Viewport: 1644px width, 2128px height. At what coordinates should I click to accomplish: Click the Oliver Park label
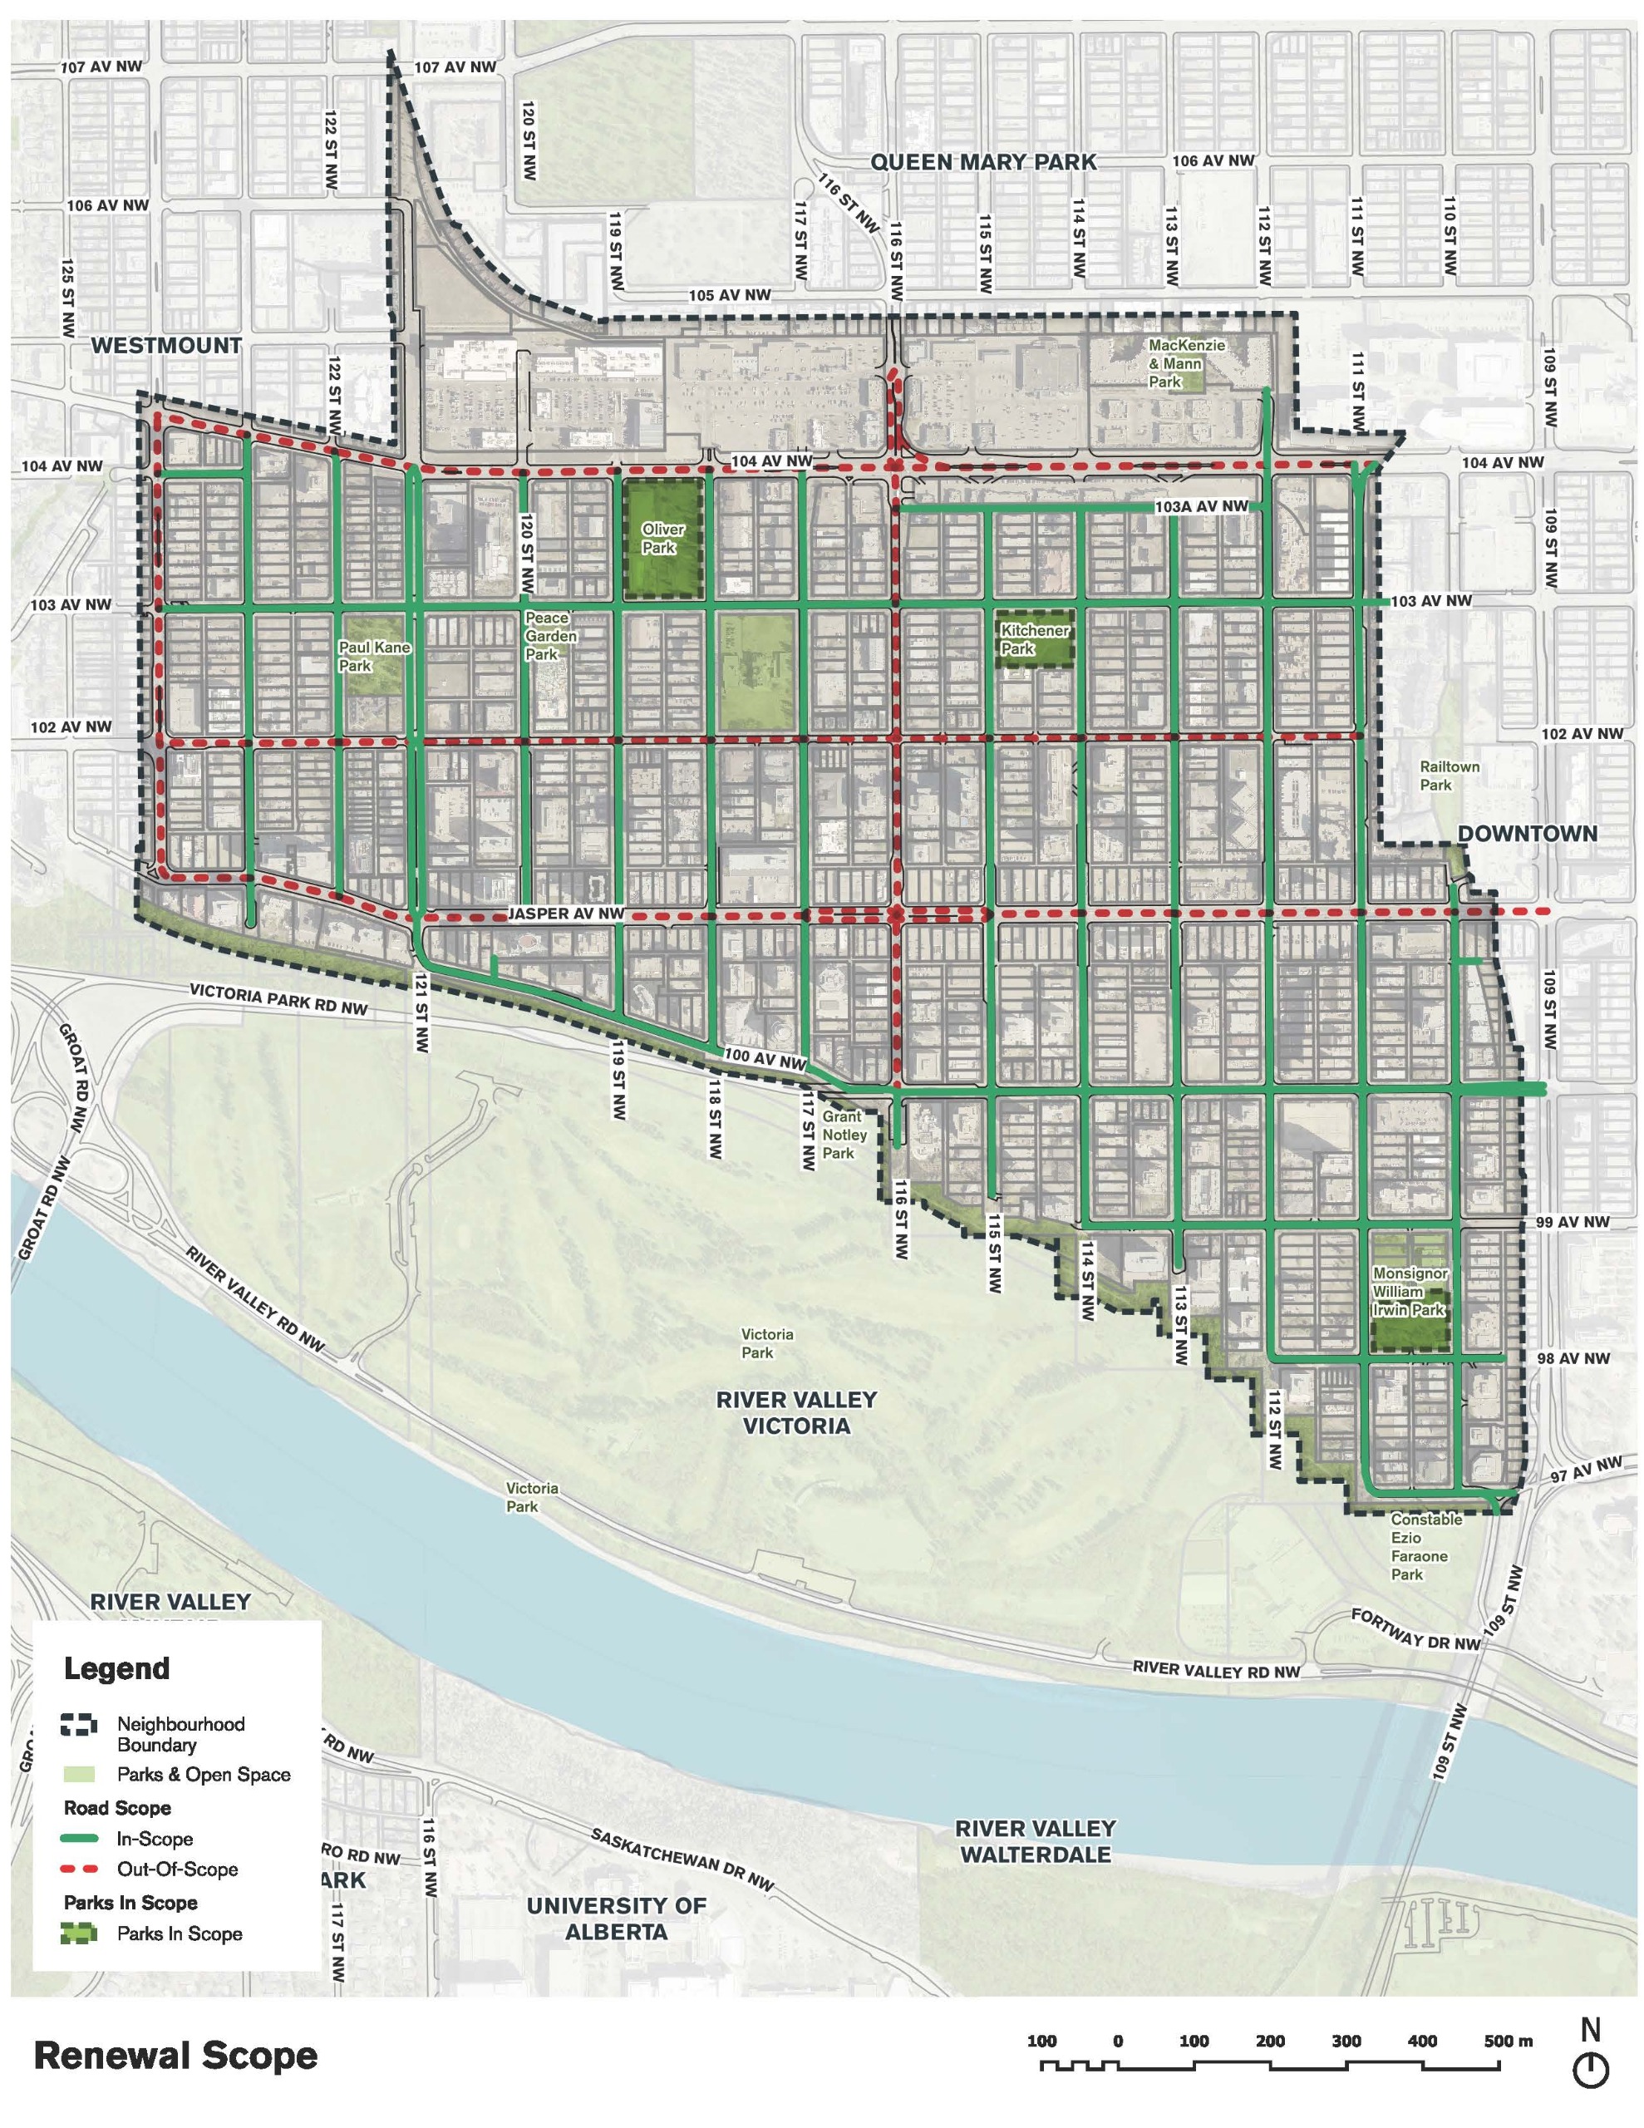click(662, 538)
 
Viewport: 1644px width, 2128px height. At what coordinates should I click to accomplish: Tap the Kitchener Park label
click(1034, 639)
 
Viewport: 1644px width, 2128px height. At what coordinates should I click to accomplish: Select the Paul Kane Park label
click(374, 656)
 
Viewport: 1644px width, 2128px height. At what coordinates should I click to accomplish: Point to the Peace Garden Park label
click(550, 635)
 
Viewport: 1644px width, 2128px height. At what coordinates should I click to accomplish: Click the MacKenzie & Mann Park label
click(1185, 363)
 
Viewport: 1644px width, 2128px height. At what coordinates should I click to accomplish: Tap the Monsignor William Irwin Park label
click(1408, 1291)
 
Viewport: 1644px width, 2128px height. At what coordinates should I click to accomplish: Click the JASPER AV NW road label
click(565, 914)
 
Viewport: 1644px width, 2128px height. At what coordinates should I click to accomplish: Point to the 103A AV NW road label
click(1201, 507)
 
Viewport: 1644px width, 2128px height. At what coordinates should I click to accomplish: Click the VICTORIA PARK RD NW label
click(278, 997)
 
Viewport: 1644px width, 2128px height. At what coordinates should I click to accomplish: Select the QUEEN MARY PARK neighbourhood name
click(982, 162)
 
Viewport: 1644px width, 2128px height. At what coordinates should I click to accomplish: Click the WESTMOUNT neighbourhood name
click(166, 345)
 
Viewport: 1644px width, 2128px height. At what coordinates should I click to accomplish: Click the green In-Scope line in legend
click(79, 1839)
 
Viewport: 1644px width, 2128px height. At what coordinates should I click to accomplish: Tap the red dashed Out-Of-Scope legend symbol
click(79, 1869)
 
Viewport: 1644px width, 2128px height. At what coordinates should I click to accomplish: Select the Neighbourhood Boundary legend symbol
click(79, 1724)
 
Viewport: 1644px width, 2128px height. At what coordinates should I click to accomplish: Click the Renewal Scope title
click(175, 2056)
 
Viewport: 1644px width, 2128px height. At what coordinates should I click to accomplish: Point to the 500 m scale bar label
click(1508, 2042)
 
